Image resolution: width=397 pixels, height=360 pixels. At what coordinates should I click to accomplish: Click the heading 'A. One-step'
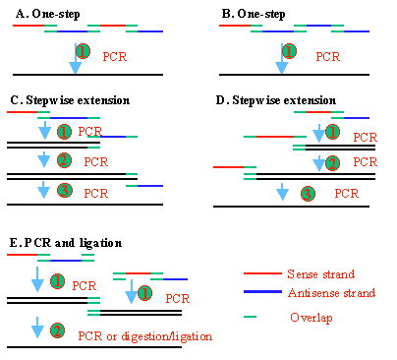click(x=46, y=13)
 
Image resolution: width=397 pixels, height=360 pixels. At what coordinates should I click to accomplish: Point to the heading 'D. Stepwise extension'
click(x=273, y=100)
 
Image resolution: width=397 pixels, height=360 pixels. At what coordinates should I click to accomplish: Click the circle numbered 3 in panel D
click(x=308, y=193)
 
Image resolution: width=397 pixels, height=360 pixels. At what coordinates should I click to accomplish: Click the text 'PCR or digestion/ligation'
click(x=144, y=335)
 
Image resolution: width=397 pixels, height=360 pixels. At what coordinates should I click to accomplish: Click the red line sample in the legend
click(x=259, y=273)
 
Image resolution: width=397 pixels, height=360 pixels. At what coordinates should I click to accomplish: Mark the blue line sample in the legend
click(x=259, y=293)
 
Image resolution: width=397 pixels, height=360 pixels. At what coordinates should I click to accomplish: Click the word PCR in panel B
click(x=328, y=57)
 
